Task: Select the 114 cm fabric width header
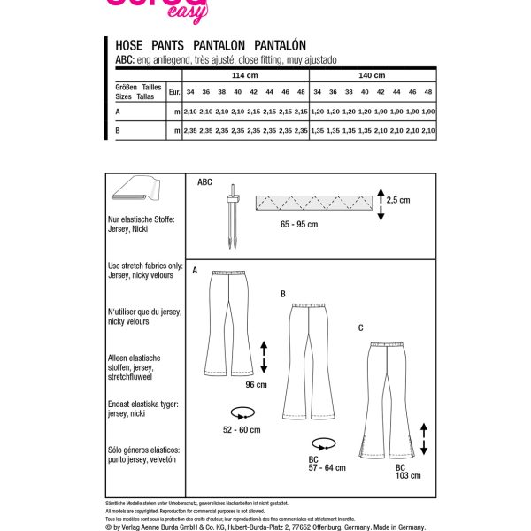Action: (243, 76)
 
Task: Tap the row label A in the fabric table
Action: (118, 112)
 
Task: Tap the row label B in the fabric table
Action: (118, 130)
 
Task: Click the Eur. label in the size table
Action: (174, 92)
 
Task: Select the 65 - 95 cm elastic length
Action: (298, 225)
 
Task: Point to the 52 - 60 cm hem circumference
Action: (242, 429)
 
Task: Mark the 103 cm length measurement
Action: (408, 475)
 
